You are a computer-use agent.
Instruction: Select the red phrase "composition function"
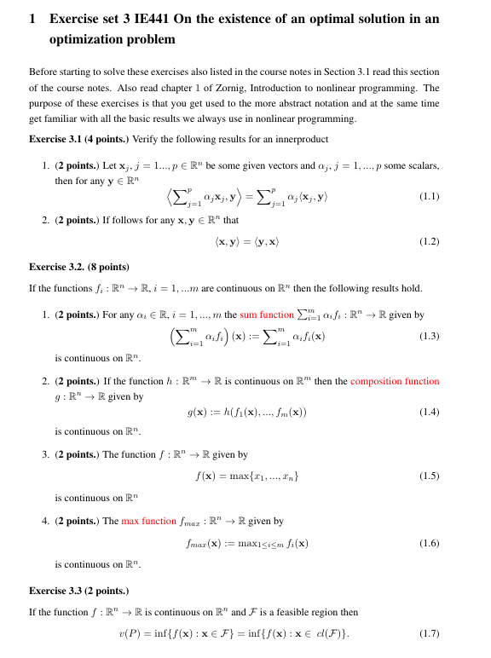coord(395,381)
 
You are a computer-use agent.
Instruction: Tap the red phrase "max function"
coord(148,521)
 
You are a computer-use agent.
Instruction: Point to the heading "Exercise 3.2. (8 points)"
coord(78,266)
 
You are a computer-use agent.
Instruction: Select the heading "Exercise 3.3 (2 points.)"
coord(78,590)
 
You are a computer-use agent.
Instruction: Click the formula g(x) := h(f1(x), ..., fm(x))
coord(247,413)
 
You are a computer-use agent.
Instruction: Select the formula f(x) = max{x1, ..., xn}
coord(247,476)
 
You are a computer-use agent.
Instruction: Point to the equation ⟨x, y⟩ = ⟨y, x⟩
coord(247,242)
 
